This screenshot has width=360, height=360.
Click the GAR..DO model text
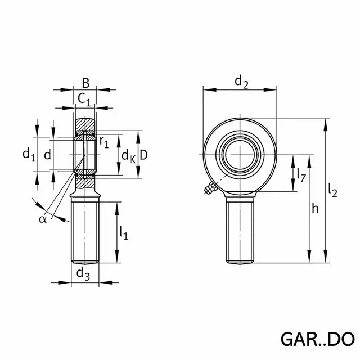[x=318, y=339]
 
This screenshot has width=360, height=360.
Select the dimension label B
[x=85, y=83]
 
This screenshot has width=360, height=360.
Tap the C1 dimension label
[x=84, y=100]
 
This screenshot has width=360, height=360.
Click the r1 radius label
[x=104, y=142]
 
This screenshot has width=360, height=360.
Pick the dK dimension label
[x=129, y=157]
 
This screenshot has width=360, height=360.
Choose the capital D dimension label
[x=143, y=155]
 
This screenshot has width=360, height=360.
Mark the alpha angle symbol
[x=43, y=219]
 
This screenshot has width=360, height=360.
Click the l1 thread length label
[x=124, y=233]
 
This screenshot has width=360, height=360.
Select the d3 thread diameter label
[x=83, y=274]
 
